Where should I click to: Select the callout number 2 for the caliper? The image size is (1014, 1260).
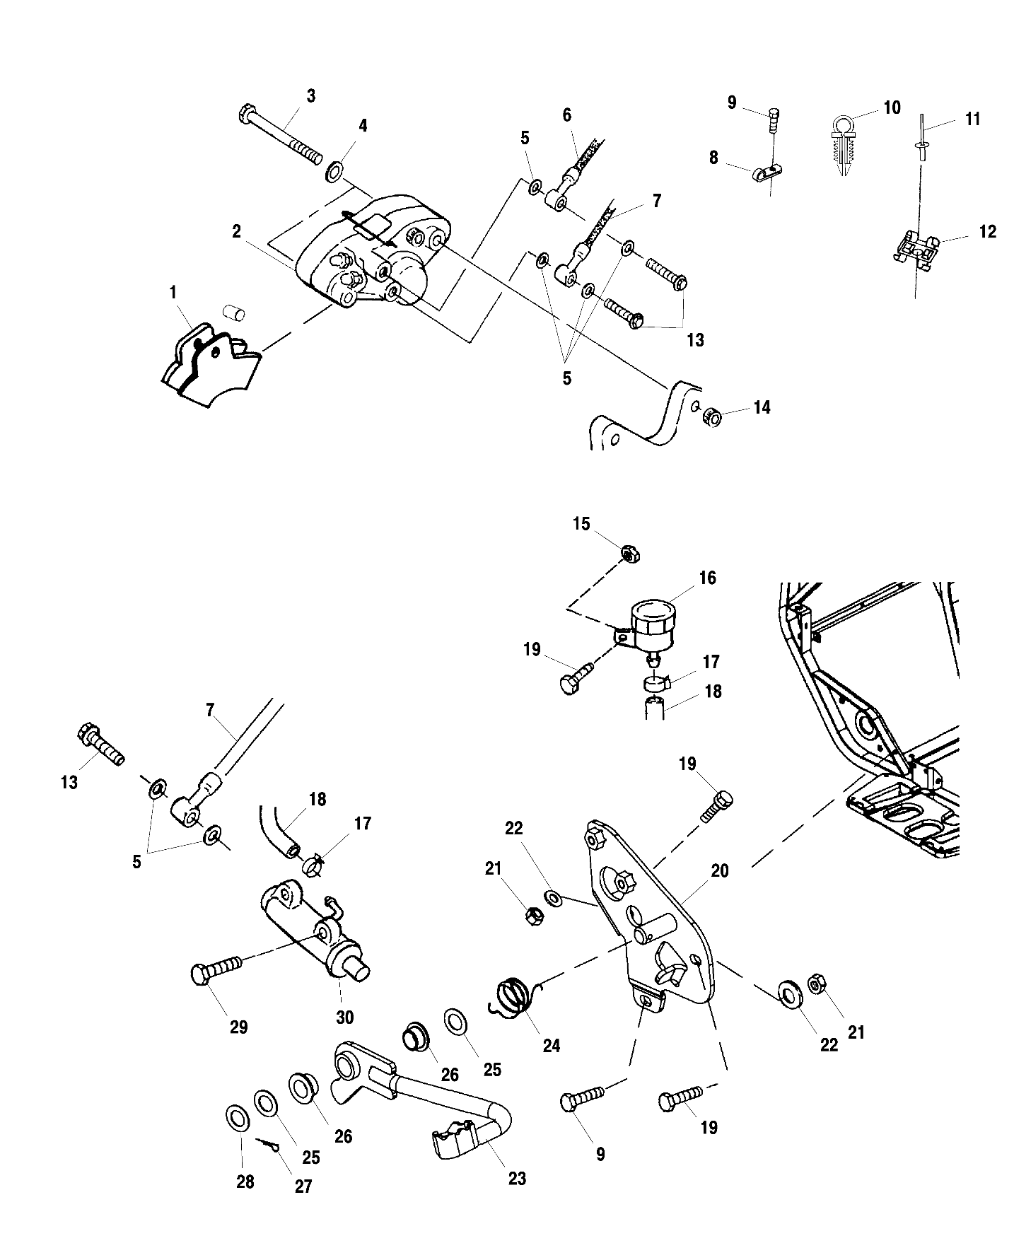pos(237,231)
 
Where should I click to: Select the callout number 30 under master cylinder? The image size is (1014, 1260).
pos(344,1017)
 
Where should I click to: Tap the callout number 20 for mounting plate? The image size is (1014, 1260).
pos(720,871)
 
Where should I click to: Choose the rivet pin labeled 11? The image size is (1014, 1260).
pos(921,145)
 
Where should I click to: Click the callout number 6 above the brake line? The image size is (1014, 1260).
pos(567,115)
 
